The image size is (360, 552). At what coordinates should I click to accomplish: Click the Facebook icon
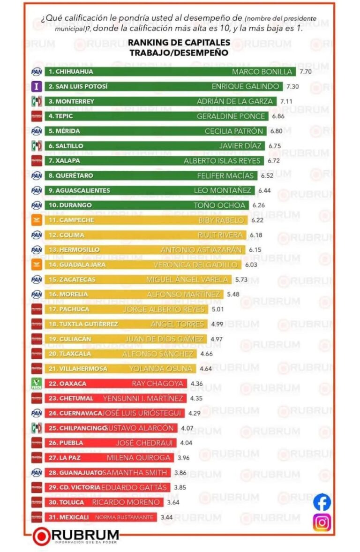pos(322,502)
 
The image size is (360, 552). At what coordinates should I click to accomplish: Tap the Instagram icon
pos(322,522)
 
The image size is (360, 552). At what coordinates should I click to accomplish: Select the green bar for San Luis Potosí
pos(164,87)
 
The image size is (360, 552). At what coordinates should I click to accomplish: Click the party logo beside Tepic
pos(37,116)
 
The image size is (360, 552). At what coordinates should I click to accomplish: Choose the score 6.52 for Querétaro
pos(267,175)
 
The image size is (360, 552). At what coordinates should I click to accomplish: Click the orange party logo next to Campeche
pos(37,220)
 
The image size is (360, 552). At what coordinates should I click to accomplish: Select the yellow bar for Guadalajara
pos(141,265)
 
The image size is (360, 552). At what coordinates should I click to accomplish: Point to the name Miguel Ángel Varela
pos(187,280)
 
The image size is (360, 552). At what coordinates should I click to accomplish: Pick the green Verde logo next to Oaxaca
pos(37,384)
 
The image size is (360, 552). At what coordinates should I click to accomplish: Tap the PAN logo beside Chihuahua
pos(37,72)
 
